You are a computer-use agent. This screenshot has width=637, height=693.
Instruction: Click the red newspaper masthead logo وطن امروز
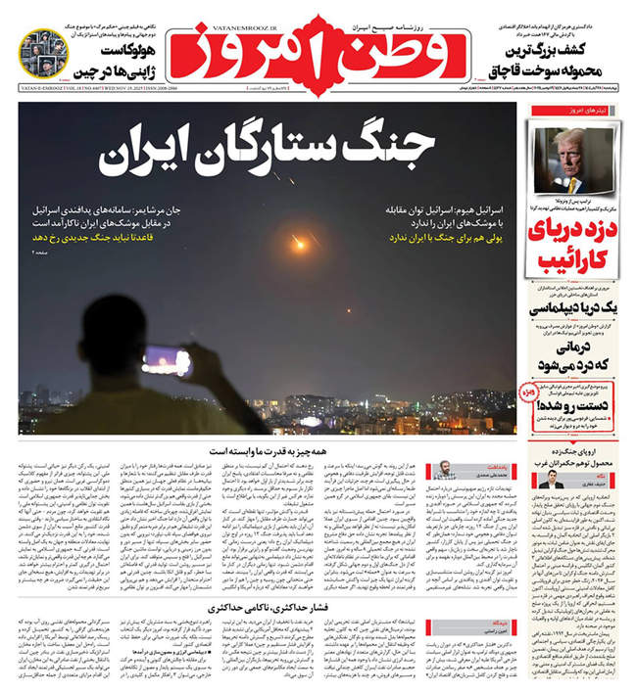pos(318,50)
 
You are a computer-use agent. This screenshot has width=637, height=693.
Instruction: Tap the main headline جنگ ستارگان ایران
pos(267,152)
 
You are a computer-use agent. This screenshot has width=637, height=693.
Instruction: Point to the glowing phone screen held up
pos(167,361)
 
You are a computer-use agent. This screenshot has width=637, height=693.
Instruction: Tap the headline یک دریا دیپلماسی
pos(573,305)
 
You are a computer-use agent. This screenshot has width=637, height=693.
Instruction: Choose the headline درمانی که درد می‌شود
pos(575,355)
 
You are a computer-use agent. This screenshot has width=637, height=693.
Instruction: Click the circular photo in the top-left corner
pos(43,55)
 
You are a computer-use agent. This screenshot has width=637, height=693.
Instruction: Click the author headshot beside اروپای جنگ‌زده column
pos(549,480)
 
